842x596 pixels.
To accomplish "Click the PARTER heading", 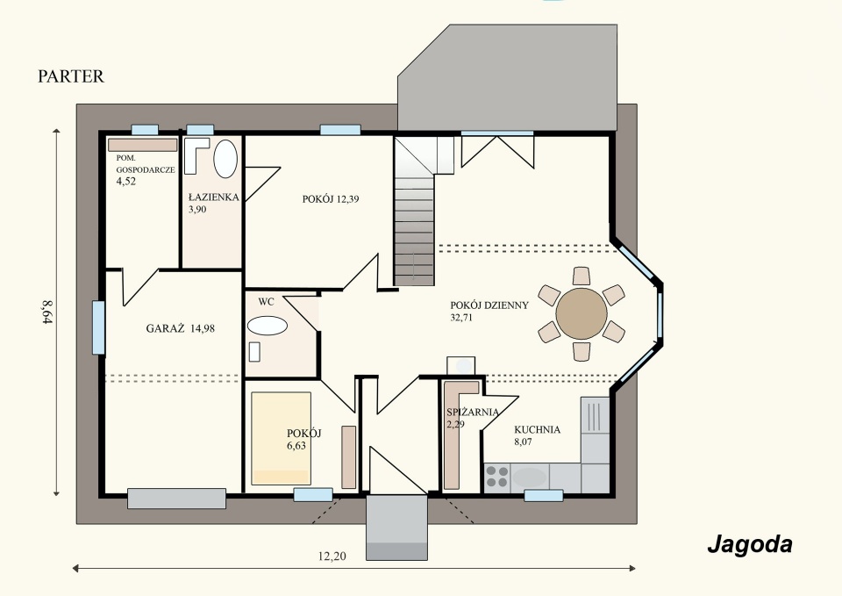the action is [71, 76].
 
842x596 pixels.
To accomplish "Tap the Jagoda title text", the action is [750, 545].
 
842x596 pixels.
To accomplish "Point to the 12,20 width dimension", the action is [332, 557].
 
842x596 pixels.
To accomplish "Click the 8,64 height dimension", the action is [47, 312].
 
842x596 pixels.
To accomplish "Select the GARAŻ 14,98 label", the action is [181, 328].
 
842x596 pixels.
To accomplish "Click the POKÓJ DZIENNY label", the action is [489, 305].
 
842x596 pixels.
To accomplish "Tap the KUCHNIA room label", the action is [537, 429].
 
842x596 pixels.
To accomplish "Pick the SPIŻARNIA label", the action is [473, 413].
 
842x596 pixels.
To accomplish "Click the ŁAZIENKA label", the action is [214, 197].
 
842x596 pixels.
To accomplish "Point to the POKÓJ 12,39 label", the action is [331, 199].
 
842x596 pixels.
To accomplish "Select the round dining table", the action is [582, 314].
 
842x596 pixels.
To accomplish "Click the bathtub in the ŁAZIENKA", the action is [225, 159].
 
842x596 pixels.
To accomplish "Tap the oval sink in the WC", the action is [267, 326].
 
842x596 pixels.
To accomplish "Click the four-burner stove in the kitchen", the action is [496, 478].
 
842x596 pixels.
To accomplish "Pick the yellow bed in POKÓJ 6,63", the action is [282, 439].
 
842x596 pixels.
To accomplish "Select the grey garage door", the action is [176, 499].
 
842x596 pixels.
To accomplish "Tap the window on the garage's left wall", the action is [98, 327].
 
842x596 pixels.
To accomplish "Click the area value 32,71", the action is [461, 318].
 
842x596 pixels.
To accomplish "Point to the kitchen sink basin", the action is [529, 478].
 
